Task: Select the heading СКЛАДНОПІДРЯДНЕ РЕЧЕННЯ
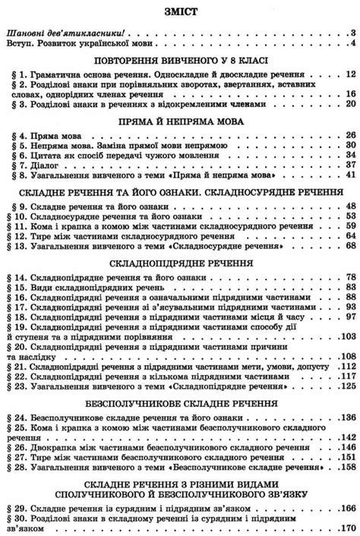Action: pos(180,262)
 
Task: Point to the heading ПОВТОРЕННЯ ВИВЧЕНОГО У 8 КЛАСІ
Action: pos(180,59)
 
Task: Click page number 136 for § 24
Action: pos(346,417)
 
